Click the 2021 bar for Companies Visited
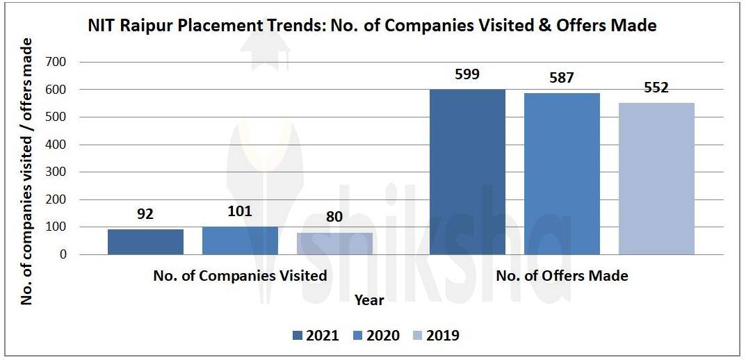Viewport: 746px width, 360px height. pos(145,242)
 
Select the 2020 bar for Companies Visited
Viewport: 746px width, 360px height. pos(240,240)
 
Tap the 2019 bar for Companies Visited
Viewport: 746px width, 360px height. pos(334,243)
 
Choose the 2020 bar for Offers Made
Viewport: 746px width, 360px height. pos(562,174)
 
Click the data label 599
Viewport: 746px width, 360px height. pos(467,74)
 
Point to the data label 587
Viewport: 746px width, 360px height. pos(562,77)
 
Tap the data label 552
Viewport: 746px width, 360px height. pos(656,88)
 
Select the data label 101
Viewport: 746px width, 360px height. pos(240,211)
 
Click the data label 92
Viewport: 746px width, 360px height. pos(145,214)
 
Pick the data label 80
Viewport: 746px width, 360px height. pos(334,217)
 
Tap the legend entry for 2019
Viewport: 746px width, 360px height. pos(437,336)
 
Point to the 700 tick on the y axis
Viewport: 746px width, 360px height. pos(56,63)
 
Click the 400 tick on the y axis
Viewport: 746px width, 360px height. pos(56,145)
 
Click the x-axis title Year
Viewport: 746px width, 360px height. pos(368,300)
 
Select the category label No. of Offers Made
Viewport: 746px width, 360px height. pos(562,276)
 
